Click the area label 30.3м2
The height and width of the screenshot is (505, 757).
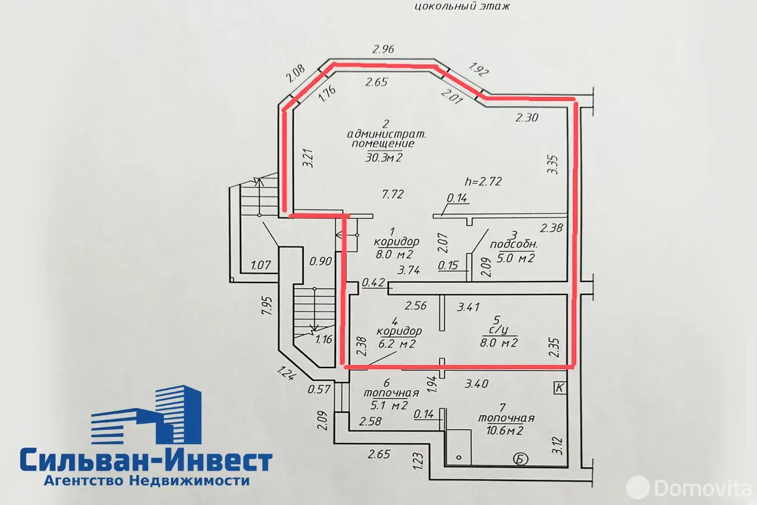(384, 157)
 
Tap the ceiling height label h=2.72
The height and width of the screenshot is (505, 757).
(483, 182)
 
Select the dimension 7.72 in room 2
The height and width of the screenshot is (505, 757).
(393, 194)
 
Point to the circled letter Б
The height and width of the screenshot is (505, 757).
(520, 459)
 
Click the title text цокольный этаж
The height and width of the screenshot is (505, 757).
(462, 6)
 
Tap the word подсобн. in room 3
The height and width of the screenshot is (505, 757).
(514, 244)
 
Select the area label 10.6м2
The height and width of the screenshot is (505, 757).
(505, 430)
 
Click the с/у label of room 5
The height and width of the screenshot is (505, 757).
(499, 330)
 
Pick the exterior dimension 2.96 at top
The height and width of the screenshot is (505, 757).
(383, 49)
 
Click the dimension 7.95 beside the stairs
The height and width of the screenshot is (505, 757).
(266, 306)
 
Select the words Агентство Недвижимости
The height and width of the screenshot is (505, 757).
(147, 481)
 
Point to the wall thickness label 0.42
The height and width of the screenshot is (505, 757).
(373, 282)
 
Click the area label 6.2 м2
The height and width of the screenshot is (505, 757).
(397, 344)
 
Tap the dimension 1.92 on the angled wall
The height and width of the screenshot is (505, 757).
(478, 69)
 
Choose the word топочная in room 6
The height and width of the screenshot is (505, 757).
(391, 393)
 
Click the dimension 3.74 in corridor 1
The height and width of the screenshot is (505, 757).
(409, 270)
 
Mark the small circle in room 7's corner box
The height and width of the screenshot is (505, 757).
(459, 458)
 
